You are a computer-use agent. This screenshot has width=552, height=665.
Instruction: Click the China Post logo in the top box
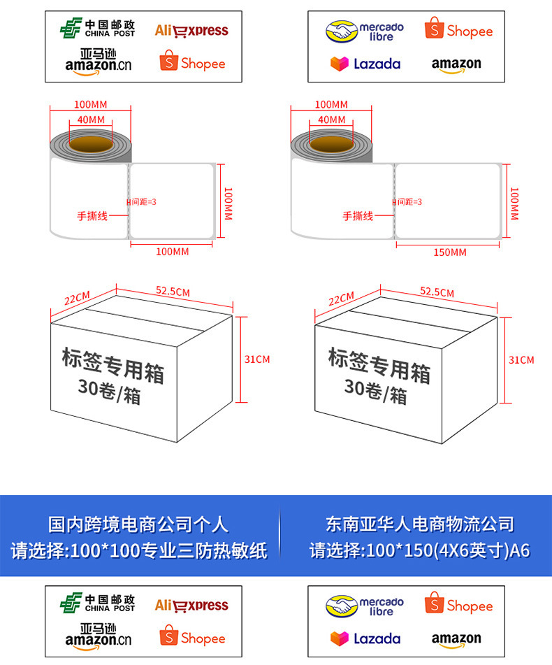click(97, 29)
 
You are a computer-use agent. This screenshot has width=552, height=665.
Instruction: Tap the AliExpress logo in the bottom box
click(191, 605)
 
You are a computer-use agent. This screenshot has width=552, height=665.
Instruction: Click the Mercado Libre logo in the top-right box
click(364, 31)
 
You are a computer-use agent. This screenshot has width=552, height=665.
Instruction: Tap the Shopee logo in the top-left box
click(192, 62)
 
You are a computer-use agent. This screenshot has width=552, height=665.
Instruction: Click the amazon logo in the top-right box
click(456, 64)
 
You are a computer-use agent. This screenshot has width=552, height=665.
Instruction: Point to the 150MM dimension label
click(449, 252)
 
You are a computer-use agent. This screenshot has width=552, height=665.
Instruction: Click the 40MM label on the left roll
click(91, 120)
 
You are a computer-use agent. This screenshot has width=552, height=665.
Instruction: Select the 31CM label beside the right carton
click(521, 359)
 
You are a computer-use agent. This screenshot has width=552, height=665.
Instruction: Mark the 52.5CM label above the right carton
click(436, 292)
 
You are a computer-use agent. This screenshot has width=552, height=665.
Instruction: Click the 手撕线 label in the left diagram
click(92, 216)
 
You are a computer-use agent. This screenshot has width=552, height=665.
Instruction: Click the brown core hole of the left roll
click(90, 144)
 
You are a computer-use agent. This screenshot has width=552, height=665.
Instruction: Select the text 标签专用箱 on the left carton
click(112, 365)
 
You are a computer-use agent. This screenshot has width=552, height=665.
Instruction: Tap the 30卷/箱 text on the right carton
click(375, 390)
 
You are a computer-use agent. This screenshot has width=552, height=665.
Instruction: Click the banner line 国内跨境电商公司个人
click(138, 524)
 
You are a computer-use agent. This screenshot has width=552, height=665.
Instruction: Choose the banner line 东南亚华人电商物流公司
click(419, 524)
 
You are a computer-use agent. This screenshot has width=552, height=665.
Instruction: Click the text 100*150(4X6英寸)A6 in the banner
click(447, 550)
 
